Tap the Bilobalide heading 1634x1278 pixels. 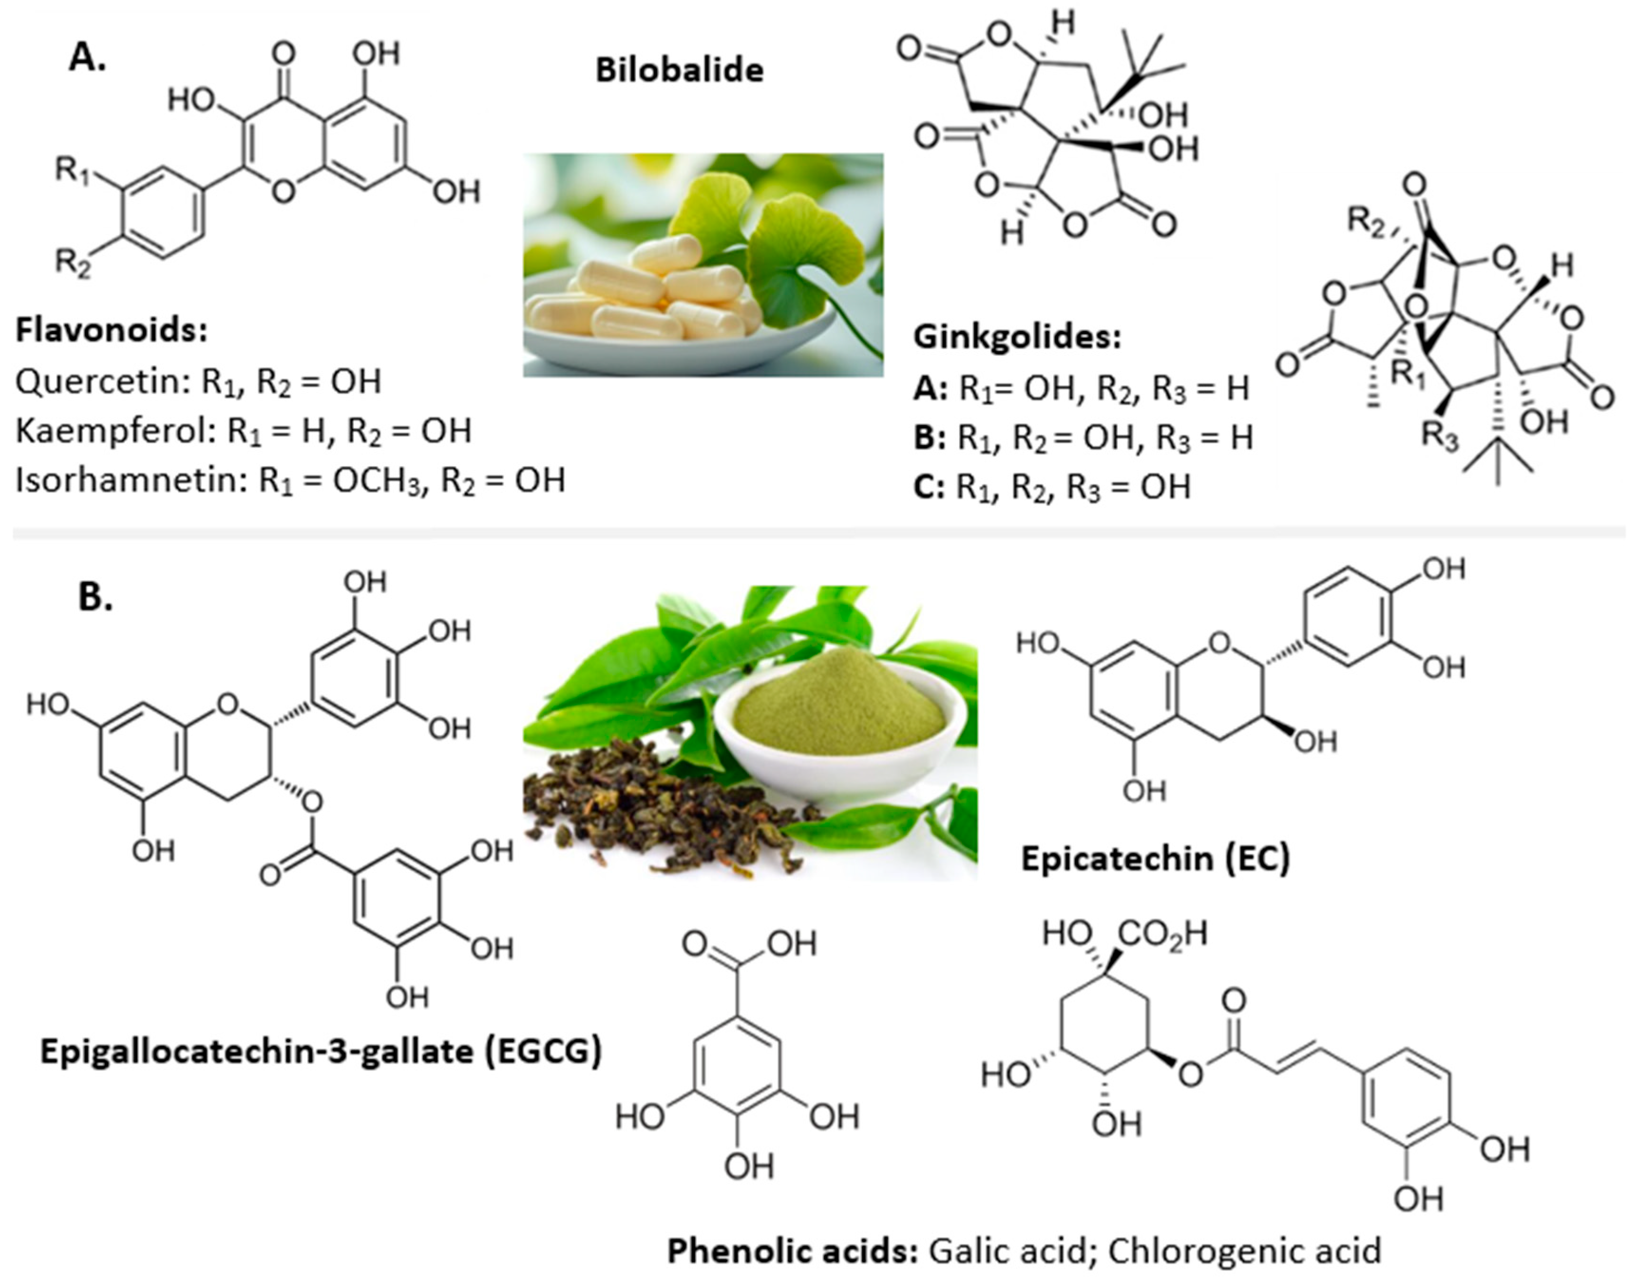[x=679, y=70]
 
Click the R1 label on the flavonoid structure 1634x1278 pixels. [x=73, y=172]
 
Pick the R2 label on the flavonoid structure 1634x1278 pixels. [x=73, y=263]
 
